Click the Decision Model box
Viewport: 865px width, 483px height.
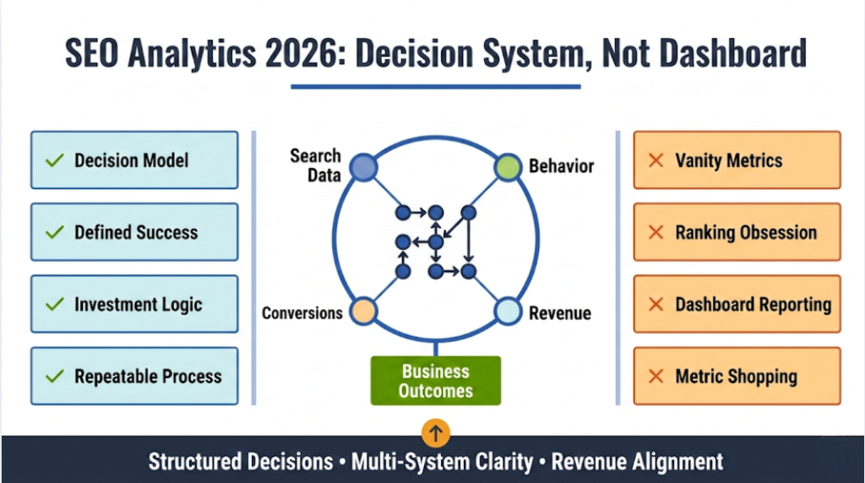(134, 160)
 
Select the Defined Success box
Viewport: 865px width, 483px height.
(134, 232)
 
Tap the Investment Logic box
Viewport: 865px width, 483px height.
(134, 304)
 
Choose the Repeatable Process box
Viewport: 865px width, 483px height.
(134, 377)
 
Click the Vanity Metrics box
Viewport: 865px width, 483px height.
(737, 160)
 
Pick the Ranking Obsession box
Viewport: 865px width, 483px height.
(737, 232)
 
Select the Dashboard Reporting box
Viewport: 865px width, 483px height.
(737, 304)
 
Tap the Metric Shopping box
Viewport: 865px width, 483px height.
(737, 377)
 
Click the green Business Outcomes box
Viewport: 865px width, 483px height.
(436, 381)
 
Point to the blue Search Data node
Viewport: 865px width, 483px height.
(363, 166)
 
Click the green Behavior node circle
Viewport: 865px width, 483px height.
(507, 166)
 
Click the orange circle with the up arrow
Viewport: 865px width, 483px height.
(436, 434)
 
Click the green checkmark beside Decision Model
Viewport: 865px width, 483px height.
(55, 160)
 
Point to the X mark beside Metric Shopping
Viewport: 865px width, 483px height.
(655, 377)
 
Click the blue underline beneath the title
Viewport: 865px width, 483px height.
(436, 86)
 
